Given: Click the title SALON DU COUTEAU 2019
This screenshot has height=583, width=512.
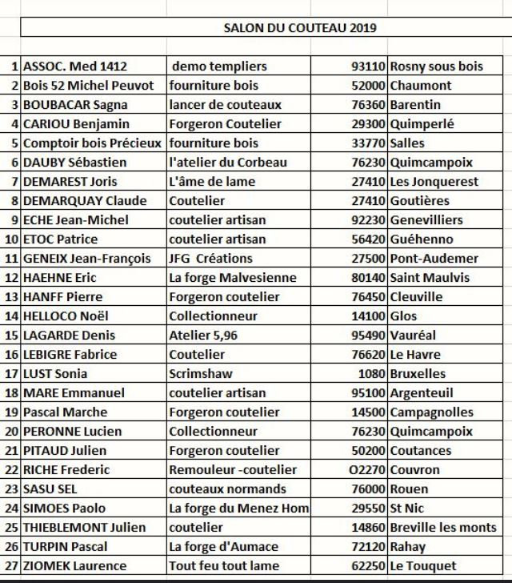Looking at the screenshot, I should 300,28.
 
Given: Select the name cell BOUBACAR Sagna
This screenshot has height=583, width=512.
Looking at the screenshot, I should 75,105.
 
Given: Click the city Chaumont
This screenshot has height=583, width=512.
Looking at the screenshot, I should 421,86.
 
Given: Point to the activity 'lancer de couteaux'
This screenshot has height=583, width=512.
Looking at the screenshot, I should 225,105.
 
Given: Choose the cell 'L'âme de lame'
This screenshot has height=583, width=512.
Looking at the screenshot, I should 212,182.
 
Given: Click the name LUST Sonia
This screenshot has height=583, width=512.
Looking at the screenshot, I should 55,374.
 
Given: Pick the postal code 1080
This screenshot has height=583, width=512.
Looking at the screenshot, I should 373,374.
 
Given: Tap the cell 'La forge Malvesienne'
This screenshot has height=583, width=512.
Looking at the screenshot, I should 232,278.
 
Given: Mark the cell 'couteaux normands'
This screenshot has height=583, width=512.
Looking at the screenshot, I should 227,489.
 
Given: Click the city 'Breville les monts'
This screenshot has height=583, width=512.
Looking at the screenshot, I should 443,528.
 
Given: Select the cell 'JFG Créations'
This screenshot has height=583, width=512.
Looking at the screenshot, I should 210,259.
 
